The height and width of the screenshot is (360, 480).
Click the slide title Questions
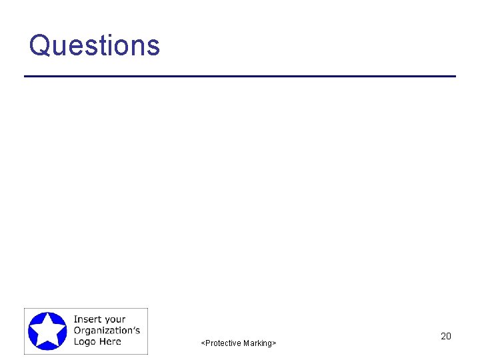(x=95, y=45)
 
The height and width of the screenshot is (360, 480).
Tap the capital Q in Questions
(x=40, y=45)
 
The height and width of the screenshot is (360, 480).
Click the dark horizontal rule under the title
(x=240, y=77)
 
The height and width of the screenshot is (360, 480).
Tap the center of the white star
(x=47, y=331)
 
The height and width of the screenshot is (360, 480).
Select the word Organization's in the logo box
(x=107, y=331)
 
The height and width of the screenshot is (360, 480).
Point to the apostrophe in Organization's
(x=133, y=328)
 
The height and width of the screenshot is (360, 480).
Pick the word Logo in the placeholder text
(x=85, y=342)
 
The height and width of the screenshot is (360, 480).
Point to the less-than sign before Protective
(x=203, y=343)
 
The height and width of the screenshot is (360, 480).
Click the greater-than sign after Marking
(x=274, y=343)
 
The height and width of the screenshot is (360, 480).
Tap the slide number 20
(x=446, y=336)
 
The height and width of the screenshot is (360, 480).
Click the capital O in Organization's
(x=77, y=331)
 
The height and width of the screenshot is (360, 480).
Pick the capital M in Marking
(x=246, y=343)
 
